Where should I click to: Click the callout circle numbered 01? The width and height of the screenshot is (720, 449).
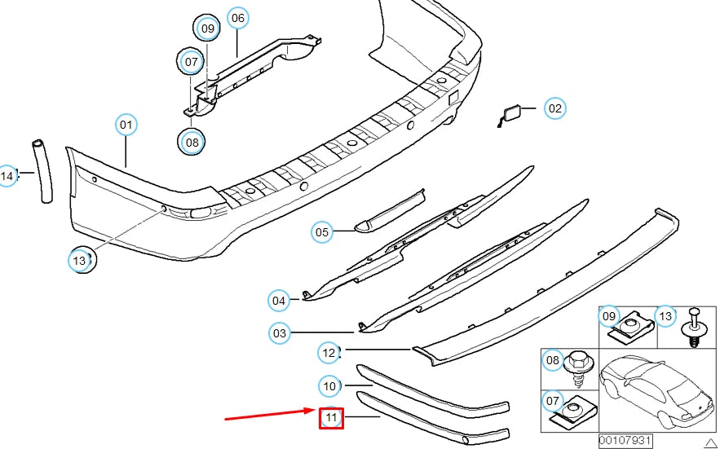coord(126,125)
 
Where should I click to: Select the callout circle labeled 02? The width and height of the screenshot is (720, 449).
coord(554,108)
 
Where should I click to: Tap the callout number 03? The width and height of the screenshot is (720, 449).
coord(280,333)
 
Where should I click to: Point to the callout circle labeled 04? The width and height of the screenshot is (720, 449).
coord(279,301)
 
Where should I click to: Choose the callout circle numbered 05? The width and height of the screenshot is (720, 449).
coord(322,233)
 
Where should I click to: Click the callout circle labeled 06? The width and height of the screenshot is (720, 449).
coord(237,18)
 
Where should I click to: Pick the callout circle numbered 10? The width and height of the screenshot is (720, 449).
coord(329,385)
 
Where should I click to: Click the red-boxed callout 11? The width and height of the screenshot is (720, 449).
coord(331,419)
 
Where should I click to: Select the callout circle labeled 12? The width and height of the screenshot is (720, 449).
coord(329,353)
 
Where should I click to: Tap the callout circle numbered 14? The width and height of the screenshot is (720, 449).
coord(7,175)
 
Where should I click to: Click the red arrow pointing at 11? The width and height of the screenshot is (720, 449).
coord(270,416)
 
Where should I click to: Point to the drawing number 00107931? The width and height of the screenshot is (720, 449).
coord(625,441)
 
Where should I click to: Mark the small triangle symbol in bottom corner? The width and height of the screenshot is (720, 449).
coord(709,442)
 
